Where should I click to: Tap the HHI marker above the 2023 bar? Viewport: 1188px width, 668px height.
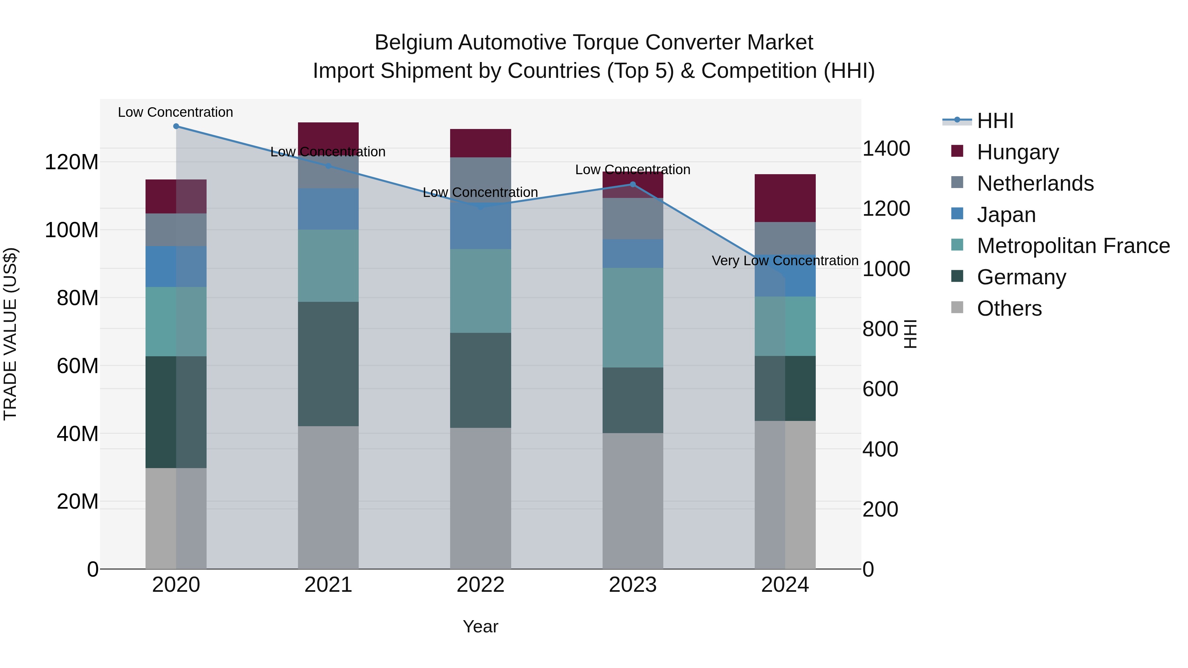coord(633,184)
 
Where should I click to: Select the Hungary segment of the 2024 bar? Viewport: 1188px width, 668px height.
coord(785,198)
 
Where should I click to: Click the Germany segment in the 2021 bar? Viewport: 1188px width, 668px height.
coord(328,364)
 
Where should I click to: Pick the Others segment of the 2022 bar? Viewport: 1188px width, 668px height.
coord(480,498)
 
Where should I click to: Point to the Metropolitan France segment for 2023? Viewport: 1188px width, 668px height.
coord(633,318)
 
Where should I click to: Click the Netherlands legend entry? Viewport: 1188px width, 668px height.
coord(1035,183)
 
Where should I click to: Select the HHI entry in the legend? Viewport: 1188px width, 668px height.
coord(995,121)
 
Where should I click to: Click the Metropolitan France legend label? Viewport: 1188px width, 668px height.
coord(1073,246)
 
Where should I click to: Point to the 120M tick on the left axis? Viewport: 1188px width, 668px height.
coord(72,162)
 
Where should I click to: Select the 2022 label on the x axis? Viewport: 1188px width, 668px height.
coord(480,585)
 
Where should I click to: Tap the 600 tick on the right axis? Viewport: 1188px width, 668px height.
coord(880,389)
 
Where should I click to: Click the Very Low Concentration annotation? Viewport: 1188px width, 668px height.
coord(785,261)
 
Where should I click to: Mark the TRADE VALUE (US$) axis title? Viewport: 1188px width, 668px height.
coord(10,334)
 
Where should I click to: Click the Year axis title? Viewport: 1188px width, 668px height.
coord(480,626)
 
